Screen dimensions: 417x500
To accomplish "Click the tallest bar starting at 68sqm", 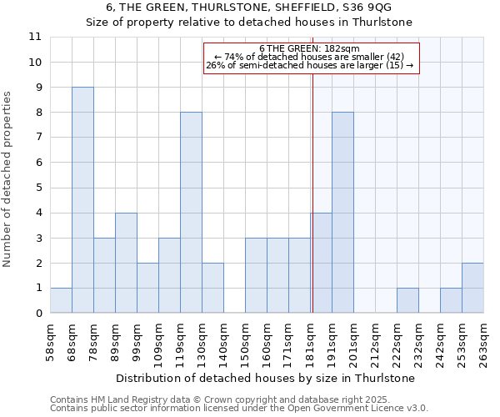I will [x=82, y=200].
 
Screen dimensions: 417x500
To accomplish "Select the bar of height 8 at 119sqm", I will [x=191, y=213].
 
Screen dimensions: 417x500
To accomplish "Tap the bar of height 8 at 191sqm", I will [x=342, y=213].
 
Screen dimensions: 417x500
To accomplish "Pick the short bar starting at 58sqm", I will [x=61, y=300].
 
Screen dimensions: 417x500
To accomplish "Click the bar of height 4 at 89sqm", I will [x=126, y=263].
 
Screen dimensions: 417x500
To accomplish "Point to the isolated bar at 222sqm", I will [x=407, y=300].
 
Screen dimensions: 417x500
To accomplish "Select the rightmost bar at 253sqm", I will [x=472, y=288].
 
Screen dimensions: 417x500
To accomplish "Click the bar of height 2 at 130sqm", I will [x=212, y=288].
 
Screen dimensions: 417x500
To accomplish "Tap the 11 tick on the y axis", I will [x=35, y=37].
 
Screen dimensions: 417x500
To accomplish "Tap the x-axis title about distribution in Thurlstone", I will [x=266, y=378].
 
